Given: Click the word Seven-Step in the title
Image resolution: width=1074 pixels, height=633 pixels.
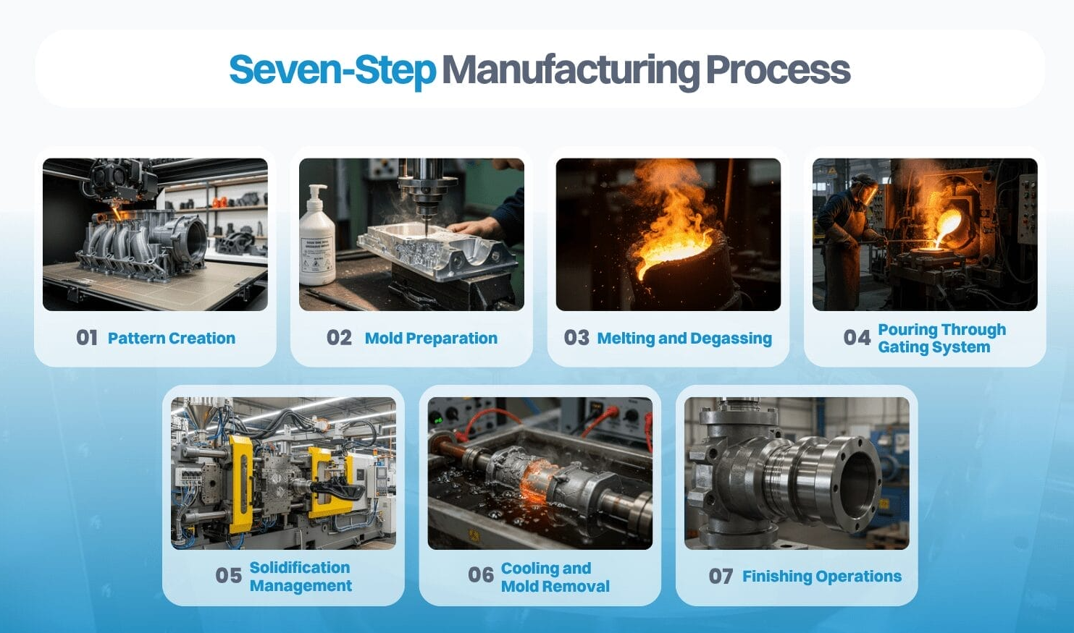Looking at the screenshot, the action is [x=332, y=70].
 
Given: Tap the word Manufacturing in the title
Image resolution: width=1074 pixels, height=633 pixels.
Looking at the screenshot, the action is [x=571, y=70].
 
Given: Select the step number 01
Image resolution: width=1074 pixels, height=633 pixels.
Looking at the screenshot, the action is [x=87, y=338].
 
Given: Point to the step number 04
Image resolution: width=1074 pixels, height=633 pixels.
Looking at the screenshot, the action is [x=857, y=338].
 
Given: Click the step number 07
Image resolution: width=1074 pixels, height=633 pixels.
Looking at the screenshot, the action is [x=721, y=576].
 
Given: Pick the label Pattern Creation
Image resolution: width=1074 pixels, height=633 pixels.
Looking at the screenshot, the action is [x=172, y=338].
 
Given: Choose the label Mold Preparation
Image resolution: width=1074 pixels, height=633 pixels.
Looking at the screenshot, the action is [x=431, y=338].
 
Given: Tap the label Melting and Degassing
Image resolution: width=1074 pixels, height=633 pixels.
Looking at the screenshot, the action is [x=684, y=338].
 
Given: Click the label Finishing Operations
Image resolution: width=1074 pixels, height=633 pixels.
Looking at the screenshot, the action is [x=822, y=576].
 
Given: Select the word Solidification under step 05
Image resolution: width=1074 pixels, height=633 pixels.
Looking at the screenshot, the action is [x=300, y=567].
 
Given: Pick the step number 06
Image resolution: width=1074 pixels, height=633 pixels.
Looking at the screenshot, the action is [x=481, y=574].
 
